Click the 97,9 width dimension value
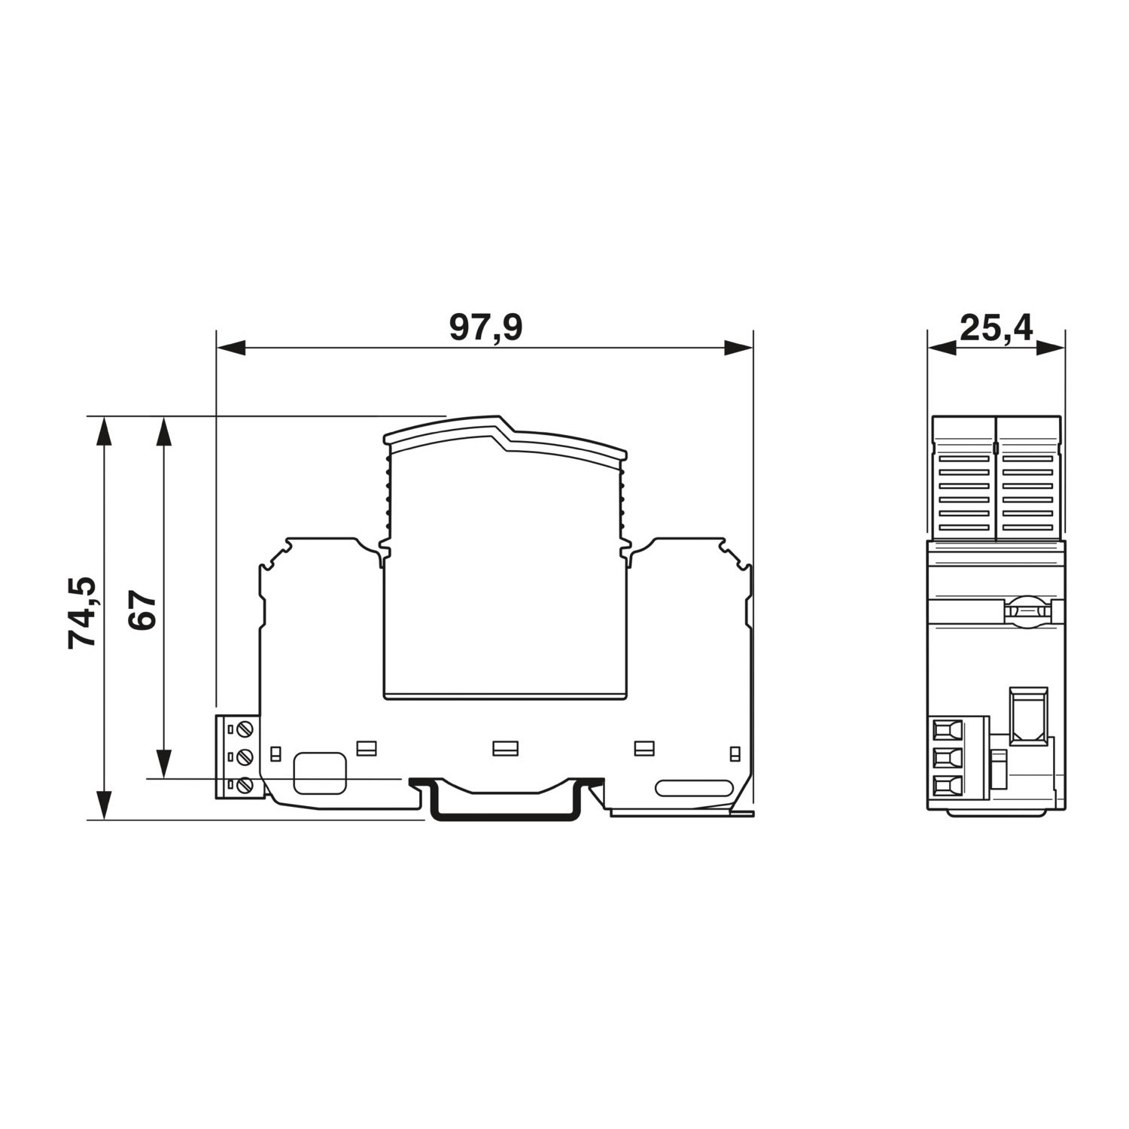[x=485, y=328]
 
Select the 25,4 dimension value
[x=997, y=328]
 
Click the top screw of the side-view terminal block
[x=245, y=729]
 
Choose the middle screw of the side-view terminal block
[x=245, y=756]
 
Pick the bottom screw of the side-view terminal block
[x=245, y=786]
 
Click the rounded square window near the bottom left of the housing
[x=320, y=773]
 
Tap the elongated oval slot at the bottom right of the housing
[x=694, y=788]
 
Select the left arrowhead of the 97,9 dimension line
[x=230, y=348]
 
